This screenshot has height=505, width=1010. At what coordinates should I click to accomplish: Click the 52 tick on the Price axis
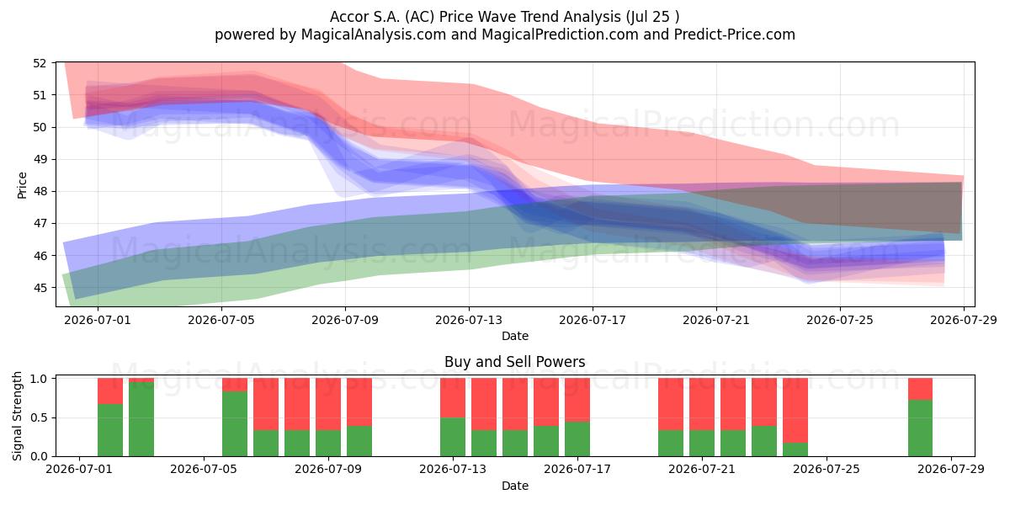40,63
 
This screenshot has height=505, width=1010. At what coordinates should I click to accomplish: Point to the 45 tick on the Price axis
40,288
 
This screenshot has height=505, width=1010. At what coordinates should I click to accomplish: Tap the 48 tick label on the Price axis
40,191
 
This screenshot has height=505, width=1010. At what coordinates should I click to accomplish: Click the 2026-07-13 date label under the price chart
469,320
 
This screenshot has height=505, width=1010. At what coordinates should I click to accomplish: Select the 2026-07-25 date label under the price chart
840,320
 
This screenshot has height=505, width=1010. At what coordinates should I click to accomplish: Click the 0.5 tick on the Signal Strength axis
39,417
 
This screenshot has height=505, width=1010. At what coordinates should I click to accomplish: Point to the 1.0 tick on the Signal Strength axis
39,379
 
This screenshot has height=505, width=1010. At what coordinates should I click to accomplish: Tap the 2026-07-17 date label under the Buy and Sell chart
577,469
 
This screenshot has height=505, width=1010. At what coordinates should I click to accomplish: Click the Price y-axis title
22,185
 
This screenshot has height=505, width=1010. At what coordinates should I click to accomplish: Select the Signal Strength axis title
17,416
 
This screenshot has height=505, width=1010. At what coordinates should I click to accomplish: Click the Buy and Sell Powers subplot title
515,362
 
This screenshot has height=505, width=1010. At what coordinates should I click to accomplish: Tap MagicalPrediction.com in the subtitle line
560,35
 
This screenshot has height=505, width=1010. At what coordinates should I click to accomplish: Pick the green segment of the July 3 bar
141,419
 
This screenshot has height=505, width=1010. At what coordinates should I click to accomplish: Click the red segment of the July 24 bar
795,411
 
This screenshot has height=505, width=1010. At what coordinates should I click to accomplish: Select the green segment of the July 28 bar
920,428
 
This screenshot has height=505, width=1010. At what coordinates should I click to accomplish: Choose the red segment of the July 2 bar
110,391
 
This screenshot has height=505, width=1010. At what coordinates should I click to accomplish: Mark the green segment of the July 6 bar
235,424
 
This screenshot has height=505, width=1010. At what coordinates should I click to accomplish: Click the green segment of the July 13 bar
453,437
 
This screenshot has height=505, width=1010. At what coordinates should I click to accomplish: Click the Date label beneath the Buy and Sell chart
515,486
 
